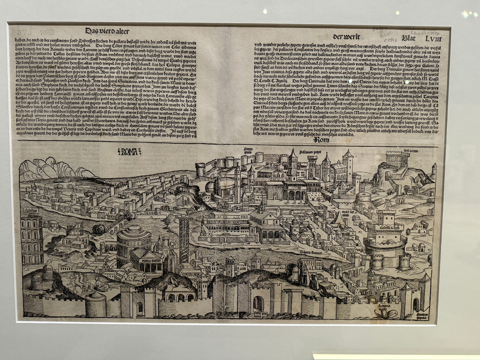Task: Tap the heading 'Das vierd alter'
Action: [107, 31]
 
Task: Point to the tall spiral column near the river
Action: [184, 238]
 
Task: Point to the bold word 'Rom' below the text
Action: [321, 140]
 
